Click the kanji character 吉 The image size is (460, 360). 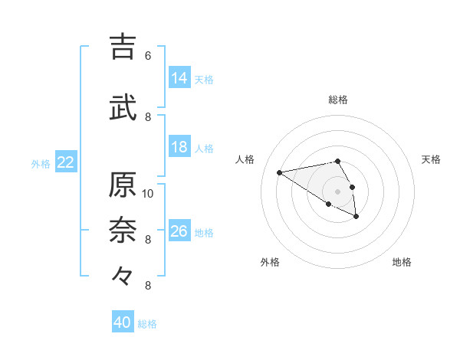(123, 47)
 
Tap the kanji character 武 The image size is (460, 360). (123, 107)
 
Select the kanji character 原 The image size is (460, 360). (123, 185)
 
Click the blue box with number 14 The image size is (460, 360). (179, 78)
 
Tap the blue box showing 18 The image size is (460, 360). (179, 147)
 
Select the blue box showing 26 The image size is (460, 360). (179, 231)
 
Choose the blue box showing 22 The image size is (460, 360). (66, 162)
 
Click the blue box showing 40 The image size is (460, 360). (123, 322)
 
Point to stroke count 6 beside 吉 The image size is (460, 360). (148, 56)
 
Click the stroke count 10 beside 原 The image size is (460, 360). (148, 193)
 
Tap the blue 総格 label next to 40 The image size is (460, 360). (147, 324)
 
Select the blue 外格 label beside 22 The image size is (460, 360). (41, 163)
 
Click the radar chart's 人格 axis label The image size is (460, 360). (245, 159)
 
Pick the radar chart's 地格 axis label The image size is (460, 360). (402, 263)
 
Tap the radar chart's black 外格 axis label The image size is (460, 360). (270, 263)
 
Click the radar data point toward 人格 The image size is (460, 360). (280, 172)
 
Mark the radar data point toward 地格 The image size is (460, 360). (356, 218)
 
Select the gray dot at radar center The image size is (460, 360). (337, 191)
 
